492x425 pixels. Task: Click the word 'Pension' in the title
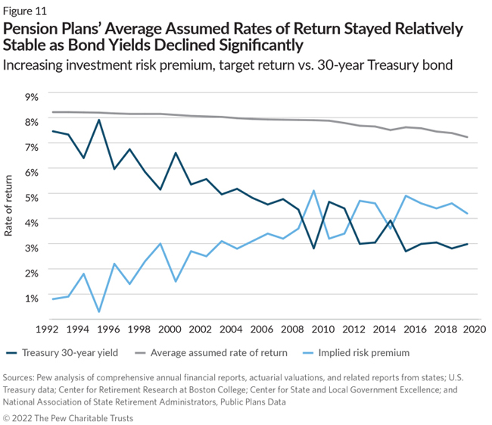coord(31,29)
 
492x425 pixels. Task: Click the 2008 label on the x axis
coord(294,330)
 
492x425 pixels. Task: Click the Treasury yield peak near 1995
coord(99,120)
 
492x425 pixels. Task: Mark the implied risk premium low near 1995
coord(99,311)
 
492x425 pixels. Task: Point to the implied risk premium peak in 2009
coord(313,190)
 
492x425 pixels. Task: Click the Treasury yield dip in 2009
coord(313,248)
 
